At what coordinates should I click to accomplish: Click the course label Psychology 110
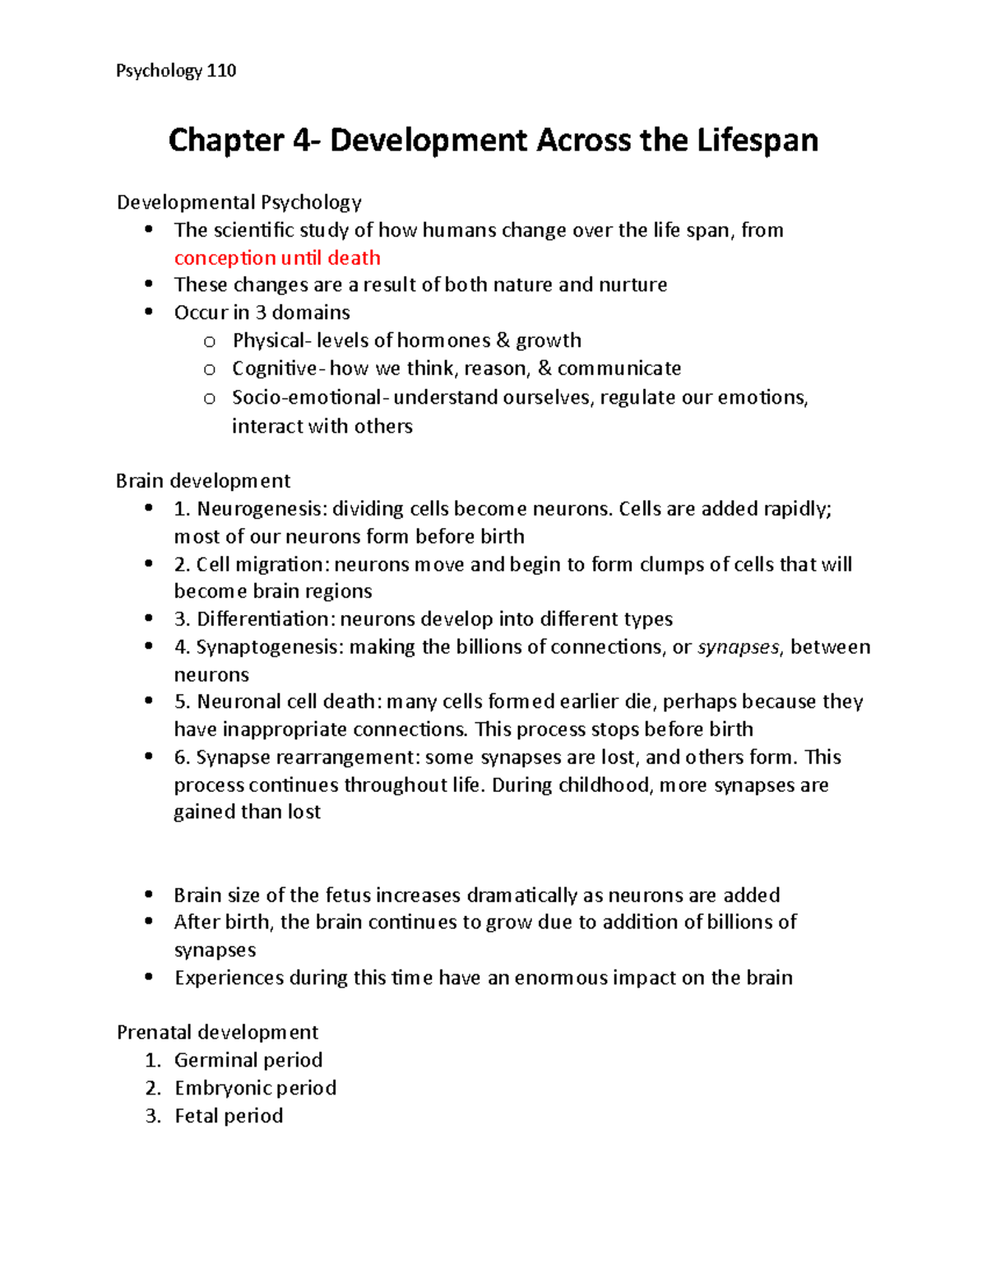click(x=176, y=71)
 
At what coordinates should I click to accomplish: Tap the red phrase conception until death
click(x=277, y=258)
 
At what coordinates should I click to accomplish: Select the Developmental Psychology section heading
click(x=239, y=202)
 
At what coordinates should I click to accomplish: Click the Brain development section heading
click(x=203, y=481)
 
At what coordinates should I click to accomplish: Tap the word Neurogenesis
click(x=261, y=509)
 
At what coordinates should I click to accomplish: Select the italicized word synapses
click(x=738, y=647)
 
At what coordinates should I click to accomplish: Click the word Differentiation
click(x=263, y=619)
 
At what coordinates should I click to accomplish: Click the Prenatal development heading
click(x=217, y=1032)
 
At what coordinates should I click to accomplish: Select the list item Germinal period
click(x=248, y=1060)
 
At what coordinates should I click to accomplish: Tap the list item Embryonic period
click(x=255, y=1088)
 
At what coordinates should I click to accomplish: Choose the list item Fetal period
click(x=229, y=1116)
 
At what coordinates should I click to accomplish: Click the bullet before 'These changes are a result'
click(x=149, y=284)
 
